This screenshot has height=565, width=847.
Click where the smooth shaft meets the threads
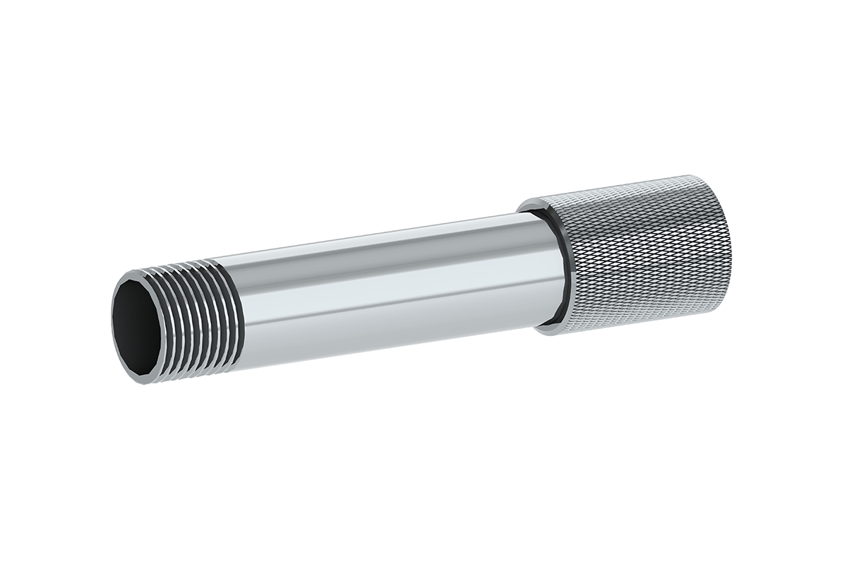[x=240, y=311]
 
